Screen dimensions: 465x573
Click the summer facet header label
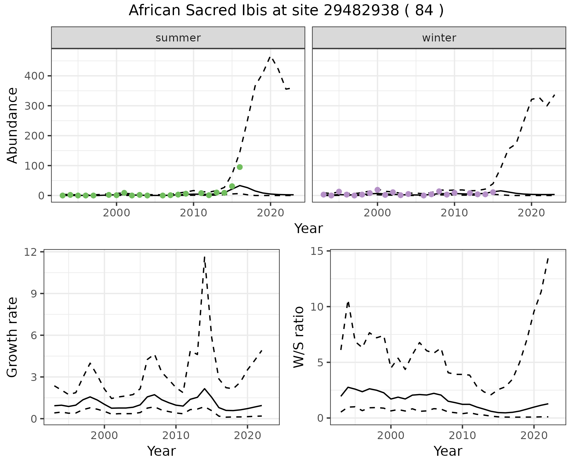point(178,38)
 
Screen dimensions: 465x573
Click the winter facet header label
point(439,38)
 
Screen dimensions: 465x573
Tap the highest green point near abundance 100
point(240,167)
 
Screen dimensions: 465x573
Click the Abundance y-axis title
point(13,125)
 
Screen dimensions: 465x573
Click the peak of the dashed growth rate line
point(204,257)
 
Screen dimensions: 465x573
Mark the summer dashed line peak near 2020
point(270,57)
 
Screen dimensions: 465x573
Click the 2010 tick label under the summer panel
point(193,213)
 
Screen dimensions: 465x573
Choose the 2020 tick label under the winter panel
point(531,213)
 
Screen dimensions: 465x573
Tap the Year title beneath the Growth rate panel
point(161,451)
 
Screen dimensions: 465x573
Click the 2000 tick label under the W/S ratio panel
point(391,435)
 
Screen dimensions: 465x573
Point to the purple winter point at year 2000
point(378,190)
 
